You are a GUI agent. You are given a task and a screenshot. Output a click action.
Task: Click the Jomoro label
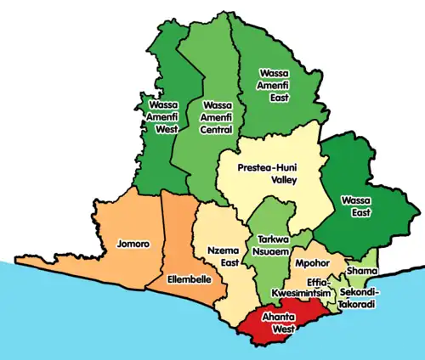(x=133, y=245)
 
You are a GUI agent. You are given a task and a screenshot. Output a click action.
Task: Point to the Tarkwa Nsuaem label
(x=269, y=245)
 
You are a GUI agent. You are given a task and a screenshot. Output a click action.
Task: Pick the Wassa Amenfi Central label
(x=216, y=117)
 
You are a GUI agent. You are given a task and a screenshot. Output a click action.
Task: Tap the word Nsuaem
(x=269, y=251)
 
